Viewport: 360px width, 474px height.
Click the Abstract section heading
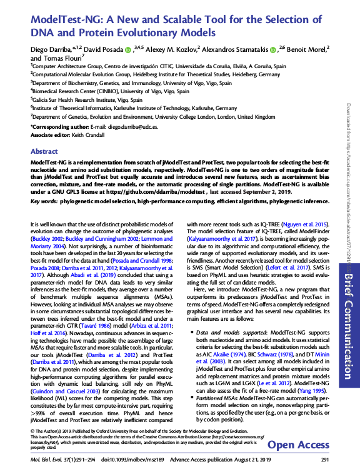point(44,151)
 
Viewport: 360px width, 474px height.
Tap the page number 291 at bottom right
point(324,460)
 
